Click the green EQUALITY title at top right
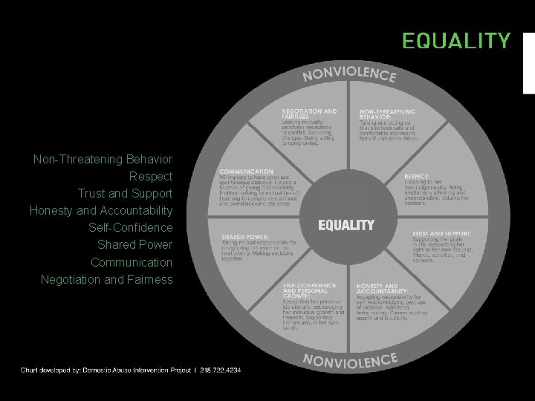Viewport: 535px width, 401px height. coord(456,40)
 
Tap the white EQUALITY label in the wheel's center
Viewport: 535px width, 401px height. coord(346,224)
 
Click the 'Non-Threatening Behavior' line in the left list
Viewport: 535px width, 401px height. coord(103,160)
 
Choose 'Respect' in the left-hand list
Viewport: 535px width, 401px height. coord(150,177)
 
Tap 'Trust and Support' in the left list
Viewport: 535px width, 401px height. coord(125,194)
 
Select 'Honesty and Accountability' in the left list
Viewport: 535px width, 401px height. coord(100,211)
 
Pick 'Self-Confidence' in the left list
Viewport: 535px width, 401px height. coord(130,228)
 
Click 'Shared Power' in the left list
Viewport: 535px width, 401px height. coord(134,245)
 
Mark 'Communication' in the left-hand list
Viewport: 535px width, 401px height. coord(131,263)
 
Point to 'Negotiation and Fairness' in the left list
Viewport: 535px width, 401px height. coord(106,280)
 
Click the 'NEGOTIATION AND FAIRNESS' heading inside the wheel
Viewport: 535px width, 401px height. coord(308,114)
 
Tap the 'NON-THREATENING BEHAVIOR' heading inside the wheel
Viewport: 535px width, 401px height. coord(387,114)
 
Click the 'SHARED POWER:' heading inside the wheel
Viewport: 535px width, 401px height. coord(243,238)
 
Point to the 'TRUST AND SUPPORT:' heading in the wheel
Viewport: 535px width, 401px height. coord(442,233)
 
